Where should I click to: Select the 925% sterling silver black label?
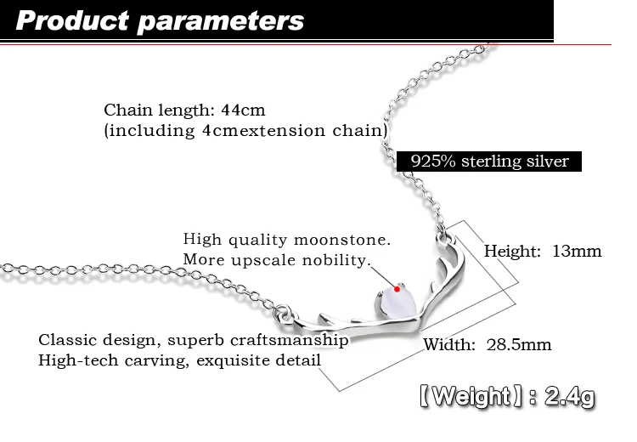tap(489, 161)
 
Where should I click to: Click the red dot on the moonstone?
tap(397, 291)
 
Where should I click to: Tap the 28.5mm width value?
tap(519, 344)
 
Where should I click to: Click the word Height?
tap(512, 251)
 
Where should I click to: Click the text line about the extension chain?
tap(245, 131)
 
